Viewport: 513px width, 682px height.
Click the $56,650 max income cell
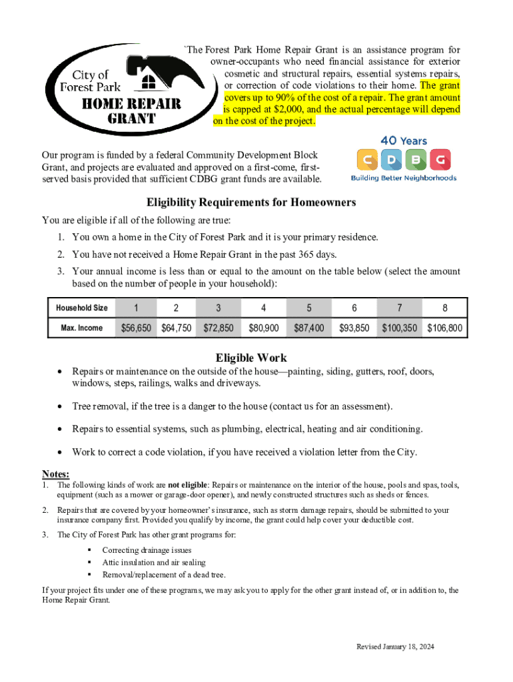[136, 328]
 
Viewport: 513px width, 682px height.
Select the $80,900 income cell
[264, 328]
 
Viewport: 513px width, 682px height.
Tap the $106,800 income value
[444, 328]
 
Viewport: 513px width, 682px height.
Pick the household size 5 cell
[308, 308]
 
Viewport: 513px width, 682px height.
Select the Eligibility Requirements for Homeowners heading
[251, 202]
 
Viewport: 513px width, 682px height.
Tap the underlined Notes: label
[56, 474]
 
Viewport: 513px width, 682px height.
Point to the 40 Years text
[404, 141]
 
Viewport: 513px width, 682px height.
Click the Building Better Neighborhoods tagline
[404, 178]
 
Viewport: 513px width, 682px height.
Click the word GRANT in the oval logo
[132, 119]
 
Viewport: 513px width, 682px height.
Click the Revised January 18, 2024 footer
[395, 647]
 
